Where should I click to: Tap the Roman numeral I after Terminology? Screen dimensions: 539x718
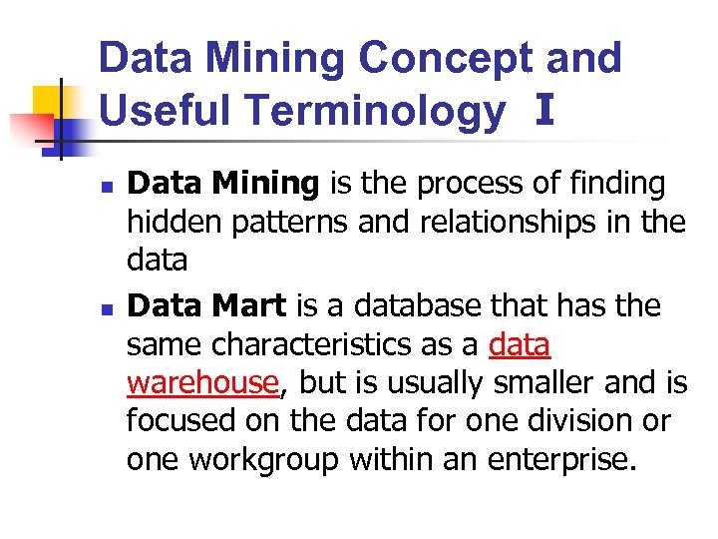click(543, 110)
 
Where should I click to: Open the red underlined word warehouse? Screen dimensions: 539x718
click(201, 382)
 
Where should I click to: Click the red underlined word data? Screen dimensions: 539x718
click(520, 344)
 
